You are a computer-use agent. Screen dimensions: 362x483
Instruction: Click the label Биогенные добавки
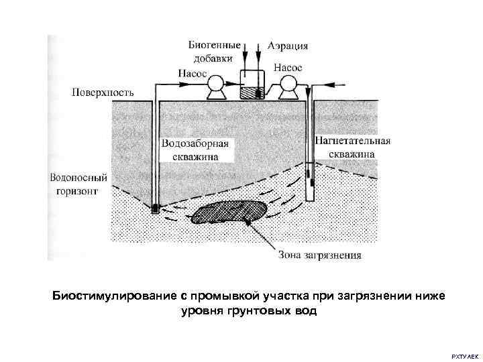point(214,52)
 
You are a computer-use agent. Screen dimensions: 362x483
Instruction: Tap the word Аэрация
point(288,46)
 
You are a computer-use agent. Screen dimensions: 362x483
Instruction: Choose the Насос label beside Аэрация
point(288,68)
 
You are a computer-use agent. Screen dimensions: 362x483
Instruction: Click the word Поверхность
point(103,90)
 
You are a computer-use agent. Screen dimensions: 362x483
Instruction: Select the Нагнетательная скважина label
point(352,147)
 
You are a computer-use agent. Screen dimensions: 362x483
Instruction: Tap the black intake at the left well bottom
point(155,208)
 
